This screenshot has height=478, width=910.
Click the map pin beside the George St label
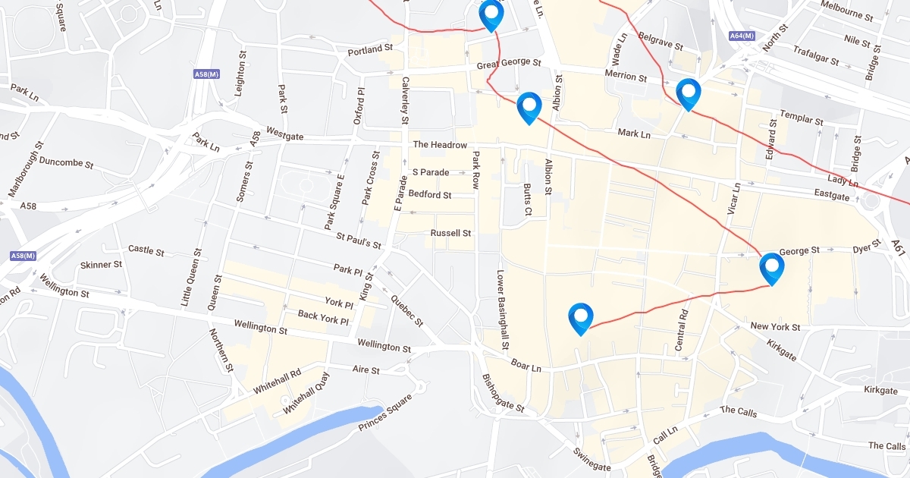coord(771,267)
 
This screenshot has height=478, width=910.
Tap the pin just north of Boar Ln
coord(580,317)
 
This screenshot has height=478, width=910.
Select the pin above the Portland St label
coord(491,14)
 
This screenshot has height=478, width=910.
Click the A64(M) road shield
coord(742,36)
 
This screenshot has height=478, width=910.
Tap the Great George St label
coord(509,64)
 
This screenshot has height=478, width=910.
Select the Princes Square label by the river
coord(385,413)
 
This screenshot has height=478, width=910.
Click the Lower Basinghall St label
coord(502,310)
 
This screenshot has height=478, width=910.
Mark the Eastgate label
coord(832,196)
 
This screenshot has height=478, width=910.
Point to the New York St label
coord(775,327)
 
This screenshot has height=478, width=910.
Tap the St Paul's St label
coord(359,241)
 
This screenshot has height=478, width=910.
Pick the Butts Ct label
coord(528,200)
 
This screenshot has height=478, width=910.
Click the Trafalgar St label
coord(815,55)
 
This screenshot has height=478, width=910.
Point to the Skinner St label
coord(101,265)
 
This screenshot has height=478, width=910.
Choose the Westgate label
coord(285,137)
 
